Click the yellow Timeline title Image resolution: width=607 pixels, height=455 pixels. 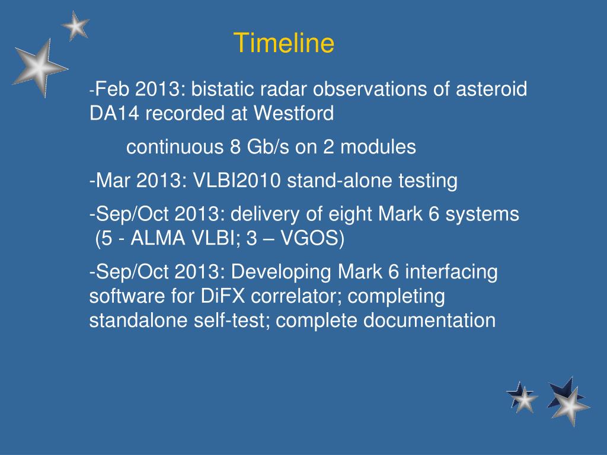pyautogui.click(x=284, y=43)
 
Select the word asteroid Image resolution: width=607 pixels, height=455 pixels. pyautogui.click(x=491, y=89)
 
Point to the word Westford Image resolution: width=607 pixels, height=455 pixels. pyautogui.click(x=293, y=113)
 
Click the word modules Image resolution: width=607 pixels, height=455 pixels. pyautogui.click(x=378, y=147)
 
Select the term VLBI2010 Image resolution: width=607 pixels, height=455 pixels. pyautogui.click(x=237, y=181)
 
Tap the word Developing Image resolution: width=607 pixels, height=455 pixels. pyautogui.click(x=281, y=272)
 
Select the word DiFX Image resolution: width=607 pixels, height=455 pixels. pyautogui.click(x=223, y=296)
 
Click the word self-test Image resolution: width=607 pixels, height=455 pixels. pyautogui.click(x=232, y=321)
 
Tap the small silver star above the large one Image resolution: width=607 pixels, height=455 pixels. pyautogui.click(x=75, y=26)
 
